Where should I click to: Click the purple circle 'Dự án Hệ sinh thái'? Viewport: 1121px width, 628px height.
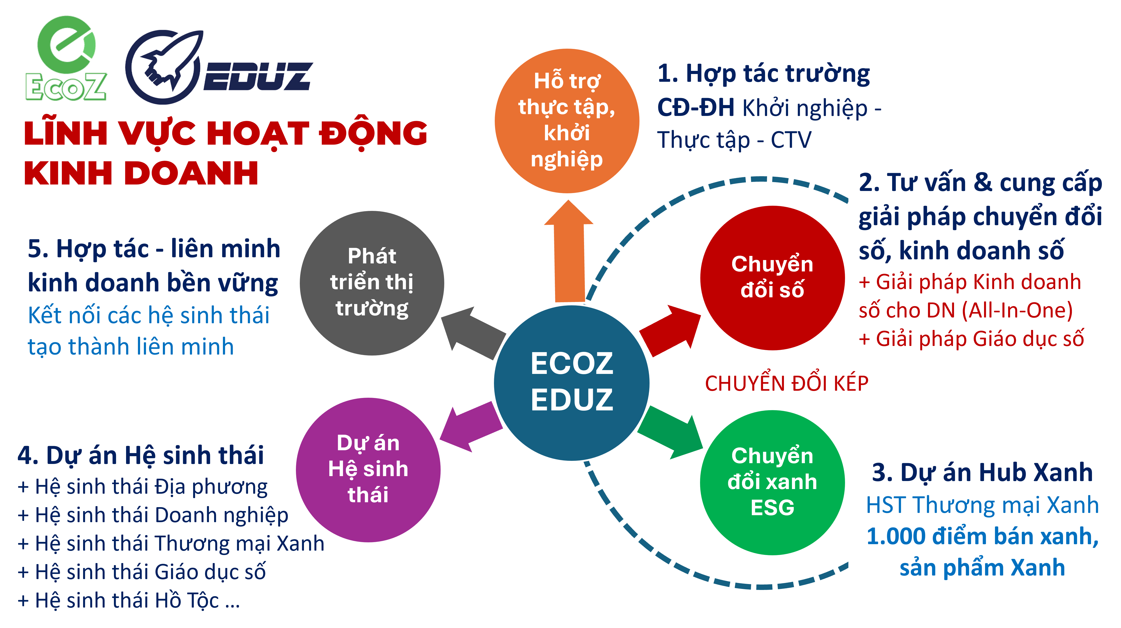coord(368,469)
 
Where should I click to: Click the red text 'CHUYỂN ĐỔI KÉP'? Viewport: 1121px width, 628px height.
coord(786,383)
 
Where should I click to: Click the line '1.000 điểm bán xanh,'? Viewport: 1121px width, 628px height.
coord(982,536)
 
